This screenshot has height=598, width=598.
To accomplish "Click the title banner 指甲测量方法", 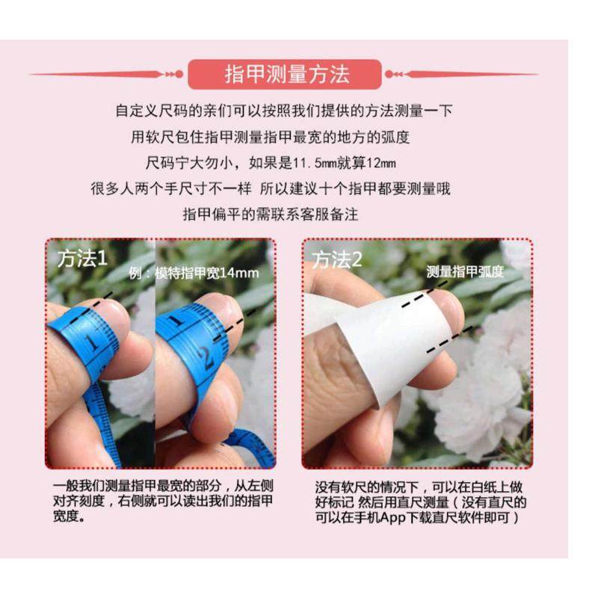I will [287, 74].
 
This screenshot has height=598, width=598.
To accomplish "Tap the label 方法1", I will [83, 259].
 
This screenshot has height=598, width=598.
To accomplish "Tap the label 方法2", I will [337, 259].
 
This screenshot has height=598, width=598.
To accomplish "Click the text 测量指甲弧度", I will [465, 272].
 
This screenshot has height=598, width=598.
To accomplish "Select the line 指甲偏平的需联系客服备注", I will [271, 215].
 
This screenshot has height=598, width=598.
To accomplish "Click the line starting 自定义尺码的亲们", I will [283, 111].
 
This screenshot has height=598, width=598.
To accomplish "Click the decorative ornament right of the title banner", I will [394, 74].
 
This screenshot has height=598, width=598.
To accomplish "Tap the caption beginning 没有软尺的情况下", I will [419, 501].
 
